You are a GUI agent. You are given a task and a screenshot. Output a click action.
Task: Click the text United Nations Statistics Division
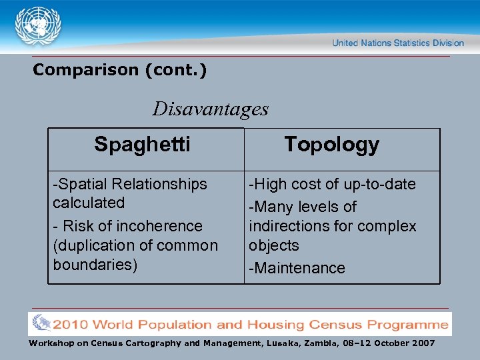398,43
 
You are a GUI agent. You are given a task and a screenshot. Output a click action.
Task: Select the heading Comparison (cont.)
120,70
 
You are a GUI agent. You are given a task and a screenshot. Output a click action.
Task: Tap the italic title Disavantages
211,108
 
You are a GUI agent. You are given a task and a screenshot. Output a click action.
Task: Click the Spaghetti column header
142,144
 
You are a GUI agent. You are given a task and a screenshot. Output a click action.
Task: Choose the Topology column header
331,144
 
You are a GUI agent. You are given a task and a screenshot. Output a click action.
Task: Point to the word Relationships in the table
159,184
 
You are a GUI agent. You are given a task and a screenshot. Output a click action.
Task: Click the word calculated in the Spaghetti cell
89,203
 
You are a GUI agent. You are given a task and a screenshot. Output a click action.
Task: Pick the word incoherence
159,227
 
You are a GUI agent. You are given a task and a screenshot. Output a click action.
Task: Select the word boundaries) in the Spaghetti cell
95,264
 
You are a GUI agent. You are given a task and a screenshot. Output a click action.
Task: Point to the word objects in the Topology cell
274,245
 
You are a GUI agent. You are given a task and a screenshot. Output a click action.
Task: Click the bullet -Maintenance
297,268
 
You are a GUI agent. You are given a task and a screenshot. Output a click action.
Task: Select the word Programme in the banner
408,325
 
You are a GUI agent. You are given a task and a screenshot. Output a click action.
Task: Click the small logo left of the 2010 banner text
41,323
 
